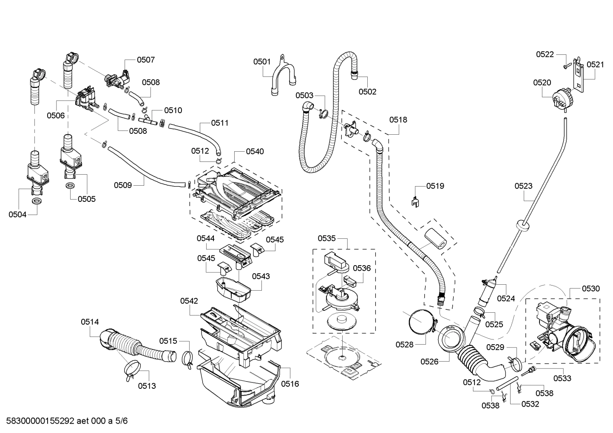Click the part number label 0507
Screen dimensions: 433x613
click(145, 60)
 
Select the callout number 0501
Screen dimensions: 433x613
click(262, 62)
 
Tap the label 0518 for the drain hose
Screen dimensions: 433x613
click(398, 120)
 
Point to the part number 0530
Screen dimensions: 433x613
click(590, 289)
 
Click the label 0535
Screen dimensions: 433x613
click(326, 238)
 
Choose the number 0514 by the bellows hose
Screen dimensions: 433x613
click(90, 322)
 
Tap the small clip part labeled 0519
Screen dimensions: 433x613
click(415, 201)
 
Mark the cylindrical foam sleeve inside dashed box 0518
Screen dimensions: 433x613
click(434, 238)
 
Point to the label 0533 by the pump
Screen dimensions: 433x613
click(562, 378)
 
